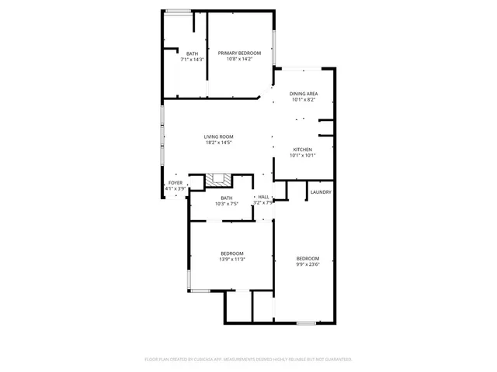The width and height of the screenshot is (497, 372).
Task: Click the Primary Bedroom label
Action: (239, 53)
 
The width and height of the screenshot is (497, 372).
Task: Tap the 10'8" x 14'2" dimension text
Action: (239, 59)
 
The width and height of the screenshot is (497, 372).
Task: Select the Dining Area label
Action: (304, 94)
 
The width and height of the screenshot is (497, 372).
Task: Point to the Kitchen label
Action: (302, 149)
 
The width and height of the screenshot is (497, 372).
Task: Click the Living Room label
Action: (219, 136)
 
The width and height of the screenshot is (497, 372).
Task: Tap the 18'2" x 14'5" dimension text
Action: (219, 143)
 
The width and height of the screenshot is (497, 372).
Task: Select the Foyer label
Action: (176, 183)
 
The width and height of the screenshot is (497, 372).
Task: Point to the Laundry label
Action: (321, 192)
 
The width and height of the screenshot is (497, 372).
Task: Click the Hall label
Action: (264, 197)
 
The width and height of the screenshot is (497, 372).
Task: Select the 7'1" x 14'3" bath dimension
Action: (192, 59)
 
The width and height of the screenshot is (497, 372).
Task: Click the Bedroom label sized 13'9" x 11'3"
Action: (231, 253)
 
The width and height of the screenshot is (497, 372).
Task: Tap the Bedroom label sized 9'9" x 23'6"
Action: (308, 258)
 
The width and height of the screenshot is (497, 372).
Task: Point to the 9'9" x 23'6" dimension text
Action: (308, 264)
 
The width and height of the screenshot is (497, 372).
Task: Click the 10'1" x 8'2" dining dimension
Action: (304, 100)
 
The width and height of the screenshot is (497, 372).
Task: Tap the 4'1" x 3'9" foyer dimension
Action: (176, 189)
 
